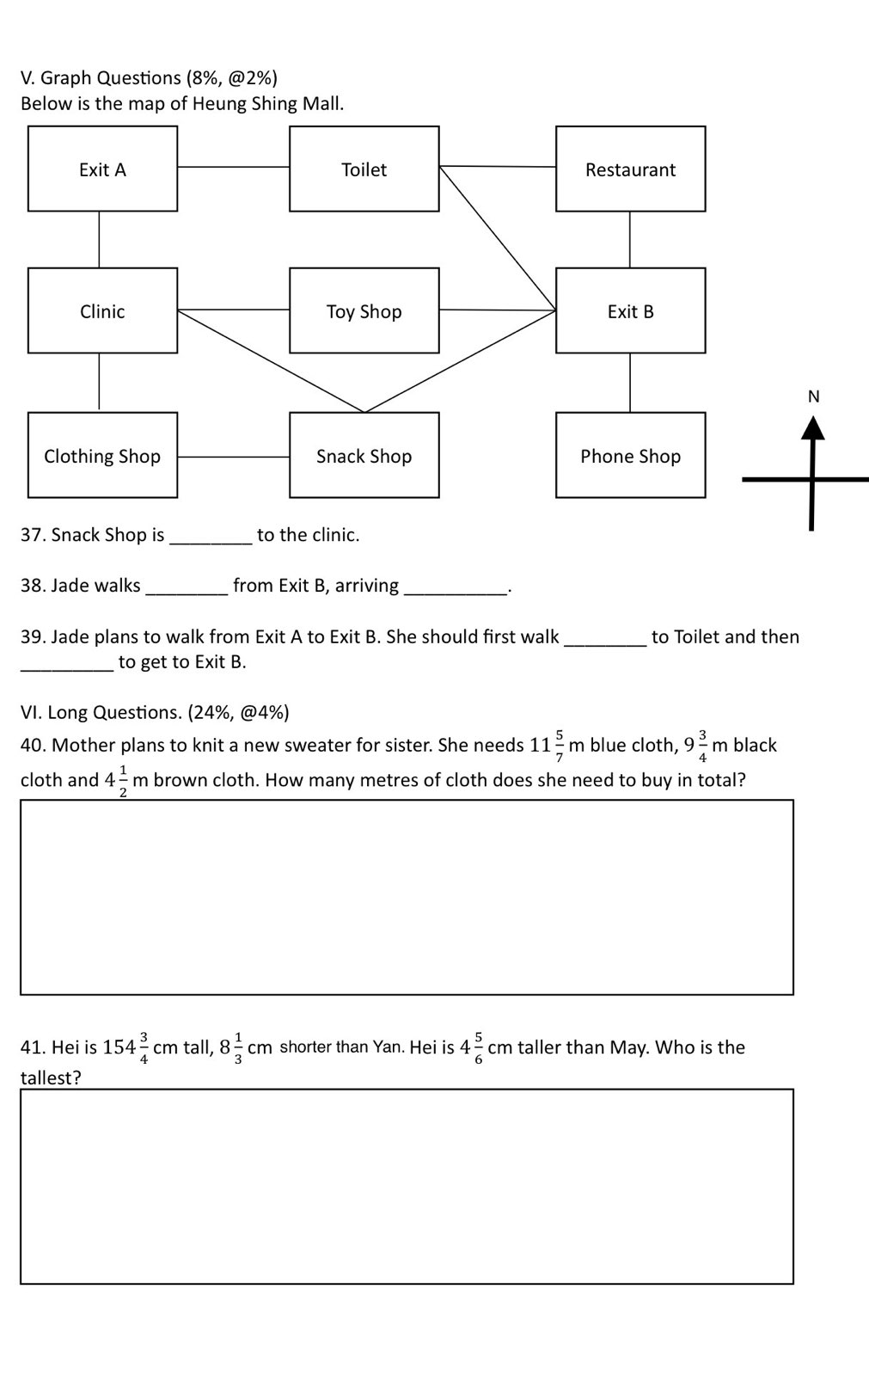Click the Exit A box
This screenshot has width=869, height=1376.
102,169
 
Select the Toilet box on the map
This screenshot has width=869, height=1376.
364,169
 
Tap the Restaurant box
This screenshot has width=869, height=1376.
631,169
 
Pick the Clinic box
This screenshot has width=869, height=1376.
102,310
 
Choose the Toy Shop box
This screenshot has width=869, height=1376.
364,310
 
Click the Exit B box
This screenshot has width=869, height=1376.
631,310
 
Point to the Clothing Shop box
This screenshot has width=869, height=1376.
102,455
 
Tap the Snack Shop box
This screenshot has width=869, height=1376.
364,455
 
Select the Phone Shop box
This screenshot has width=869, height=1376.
631,455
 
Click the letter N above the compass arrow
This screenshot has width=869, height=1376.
814,396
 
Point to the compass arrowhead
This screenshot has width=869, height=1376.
813,428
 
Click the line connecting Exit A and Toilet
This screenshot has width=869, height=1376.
234,167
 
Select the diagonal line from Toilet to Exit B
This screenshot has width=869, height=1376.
498,238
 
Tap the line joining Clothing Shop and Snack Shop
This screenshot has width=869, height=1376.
234,457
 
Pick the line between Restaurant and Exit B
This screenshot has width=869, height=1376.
629,240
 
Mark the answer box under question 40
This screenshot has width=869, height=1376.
407,898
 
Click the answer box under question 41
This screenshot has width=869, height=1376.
407,1187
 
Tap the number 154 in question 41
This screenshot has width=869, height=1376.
119,1047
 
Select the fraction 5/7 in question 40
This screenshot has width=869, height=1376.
560,746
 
